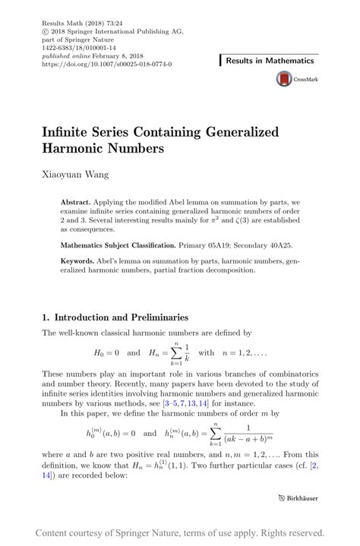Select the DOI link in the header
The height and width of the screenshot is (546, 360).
106,64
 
